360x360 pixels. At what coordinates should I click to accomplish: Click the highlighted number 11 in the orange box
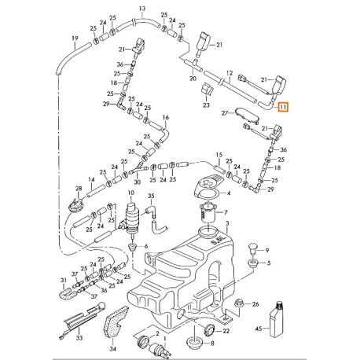tap(283, 107)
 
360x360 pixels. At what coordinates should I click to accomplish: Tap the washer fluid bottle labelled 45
tap(277, 319)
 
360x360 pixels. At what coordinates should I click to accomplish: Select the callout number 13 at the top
tap(142, 9)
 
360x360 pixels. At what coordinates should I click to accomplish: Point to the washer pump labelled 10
tap(131, 218)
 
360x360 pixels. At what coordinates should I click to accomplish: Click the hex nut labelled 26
tap(240, 304)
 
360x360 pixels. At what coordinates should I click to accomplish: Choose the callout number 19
tap(75, 39)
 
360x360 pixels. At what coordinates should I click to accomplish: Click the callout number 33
tap(79, 338)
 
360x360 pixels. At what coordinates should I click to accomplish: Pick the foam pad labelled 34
tap(116, 321)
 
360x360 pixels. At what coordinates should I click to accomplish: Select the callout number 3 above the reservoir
tap(227, 223)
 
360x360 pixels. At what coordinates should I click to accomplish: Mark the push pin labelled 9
tap(253, 249)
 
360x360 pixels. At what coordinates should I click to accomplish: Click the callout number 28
tap(79, 188)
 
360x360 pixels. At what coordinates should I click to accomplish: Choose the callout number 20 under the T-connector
tap(193, 79)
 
